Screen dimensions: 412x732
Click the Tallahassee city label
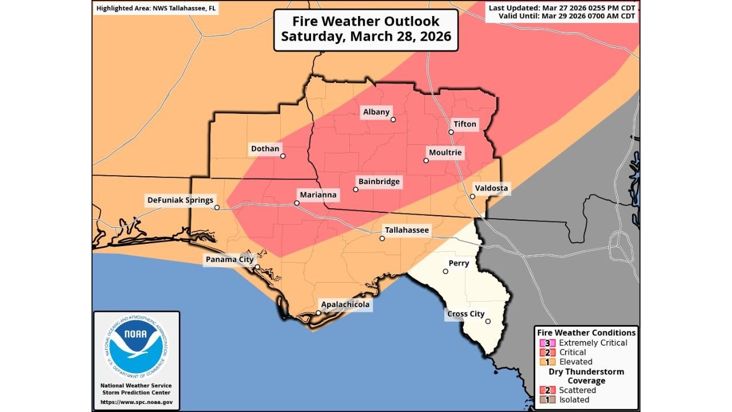click(x=407, y=230)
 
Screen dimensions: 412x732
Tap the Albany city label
click(x=376, y=112)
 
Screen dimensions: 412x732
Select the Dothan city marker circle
click(x=283, y=156)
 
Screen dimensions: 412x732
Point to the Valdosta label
click(x=491, y=188)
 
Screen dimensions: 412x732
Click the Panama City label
click(x=229, y=260)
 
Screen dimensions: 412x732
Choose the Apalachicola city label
click(x=345, y=304)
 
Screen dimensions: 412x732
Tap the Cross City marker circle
click(x=488, y=322)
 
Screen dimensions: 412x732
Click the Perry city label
click(x=459, y=263)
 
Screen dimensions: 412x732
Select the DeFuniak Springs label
click(x=180, y=200)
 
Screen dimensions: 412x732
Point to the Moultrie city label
click(x=444, y=153)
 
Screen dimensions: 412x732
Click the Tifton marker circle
click(x=451, y=132)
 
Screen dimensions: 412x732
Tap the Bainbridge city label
click(x=379, y=182)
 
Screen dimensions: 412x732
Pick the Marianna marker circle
click(x=297, y=203)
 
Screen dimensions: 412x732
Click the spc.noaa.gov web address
click(x=136, y=402)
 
